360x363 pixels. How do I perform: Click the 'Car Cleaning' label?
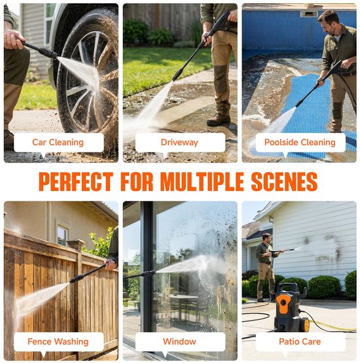coord(58,143)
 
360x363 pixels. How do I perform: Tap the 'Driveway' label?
coord(179,143)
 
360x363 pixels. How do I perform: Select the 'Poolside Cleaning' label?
coord(300,143)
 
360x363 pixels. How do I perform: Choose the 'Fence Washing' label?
coord(58,341)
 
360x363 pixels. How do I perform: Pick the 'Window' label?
coord(179,341)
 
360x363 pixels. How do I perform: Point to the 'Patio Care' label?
coord(300,341)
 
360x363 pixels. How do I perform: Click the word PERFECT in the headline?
coord(76,182)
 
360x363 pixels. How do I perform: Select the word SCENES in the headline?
coord(284,182)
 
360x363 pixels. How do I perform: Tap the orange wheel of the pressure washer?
coord(306,324)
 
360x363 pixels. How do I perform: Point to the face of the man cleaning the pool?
coord(327,23)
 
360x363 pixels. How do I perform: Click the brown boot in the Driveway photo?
coord(219,120)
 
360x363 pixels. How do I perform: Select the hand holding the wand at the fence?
coord(110,265)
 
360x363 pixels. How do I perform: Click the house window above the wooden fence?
coord(63,235)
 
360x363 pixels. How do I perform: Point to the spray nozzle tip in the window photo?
coord(153,273)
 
